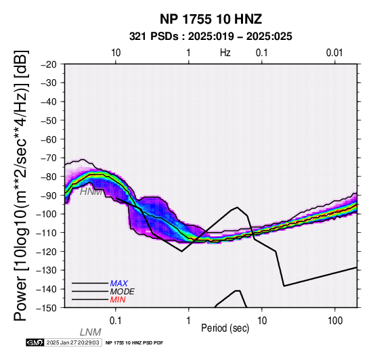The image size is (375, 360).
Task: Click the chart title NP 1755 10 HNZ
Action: click(211, 19)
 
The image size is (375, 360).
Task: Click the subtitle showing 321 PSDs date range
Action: click(211, 37)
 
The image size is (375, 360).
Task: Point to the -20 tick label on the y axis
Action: click(49, 64)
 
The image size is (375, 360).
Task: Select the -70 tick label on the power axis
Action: click(49, 158)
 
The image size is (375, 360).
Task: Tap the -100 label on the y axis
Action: click(47, 215)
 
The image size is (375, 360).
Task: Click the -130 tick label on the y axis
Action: click(47, 271)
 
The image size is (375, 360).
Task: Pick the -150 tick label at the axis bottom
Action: click(47, 308)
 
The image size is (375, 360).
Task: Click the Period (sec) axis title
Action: click(225, 328)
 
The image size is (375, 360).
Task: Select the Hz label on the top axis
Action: click(225, 53)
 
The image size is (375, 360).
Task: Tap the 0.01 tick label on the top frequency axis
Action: click(334, 53)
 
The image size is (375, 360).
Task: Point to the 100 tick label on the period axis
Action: click(335, 321)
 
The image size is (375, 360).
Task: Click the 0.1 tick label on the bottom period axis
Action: click(116, 321)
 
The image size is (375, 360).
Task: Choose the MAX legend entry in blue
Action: click(118, 284)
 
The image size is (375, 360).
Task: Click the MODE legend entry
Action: click(123, 292)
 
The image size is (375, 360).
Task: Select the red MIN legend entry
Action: click(118, 300)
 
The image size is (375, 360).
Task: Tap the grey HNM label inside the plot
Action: click(91, 192)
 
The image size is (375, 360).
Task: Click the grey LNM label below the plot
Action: click(91, 332)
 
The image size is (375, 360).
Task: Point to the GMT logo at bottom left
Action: click(35, 342)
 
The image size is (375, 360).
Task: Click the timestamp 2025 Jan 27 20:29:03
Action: click(72, 342)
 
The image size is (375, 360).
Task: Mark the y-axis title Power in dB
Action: click(21, 185)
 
